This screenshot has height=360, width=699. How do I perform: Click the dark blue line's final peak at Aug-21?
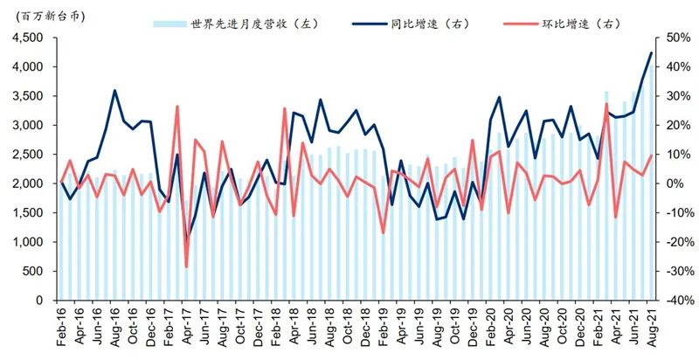pyautogui.click(x=651, y=52)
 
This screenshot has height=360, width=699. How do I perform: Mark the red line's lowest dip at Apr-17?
pyautogui.click(x=186, y=267)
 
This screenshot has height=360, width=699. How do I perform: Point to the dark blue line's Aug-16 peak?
pyautogui.click(x=114, y=90)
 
